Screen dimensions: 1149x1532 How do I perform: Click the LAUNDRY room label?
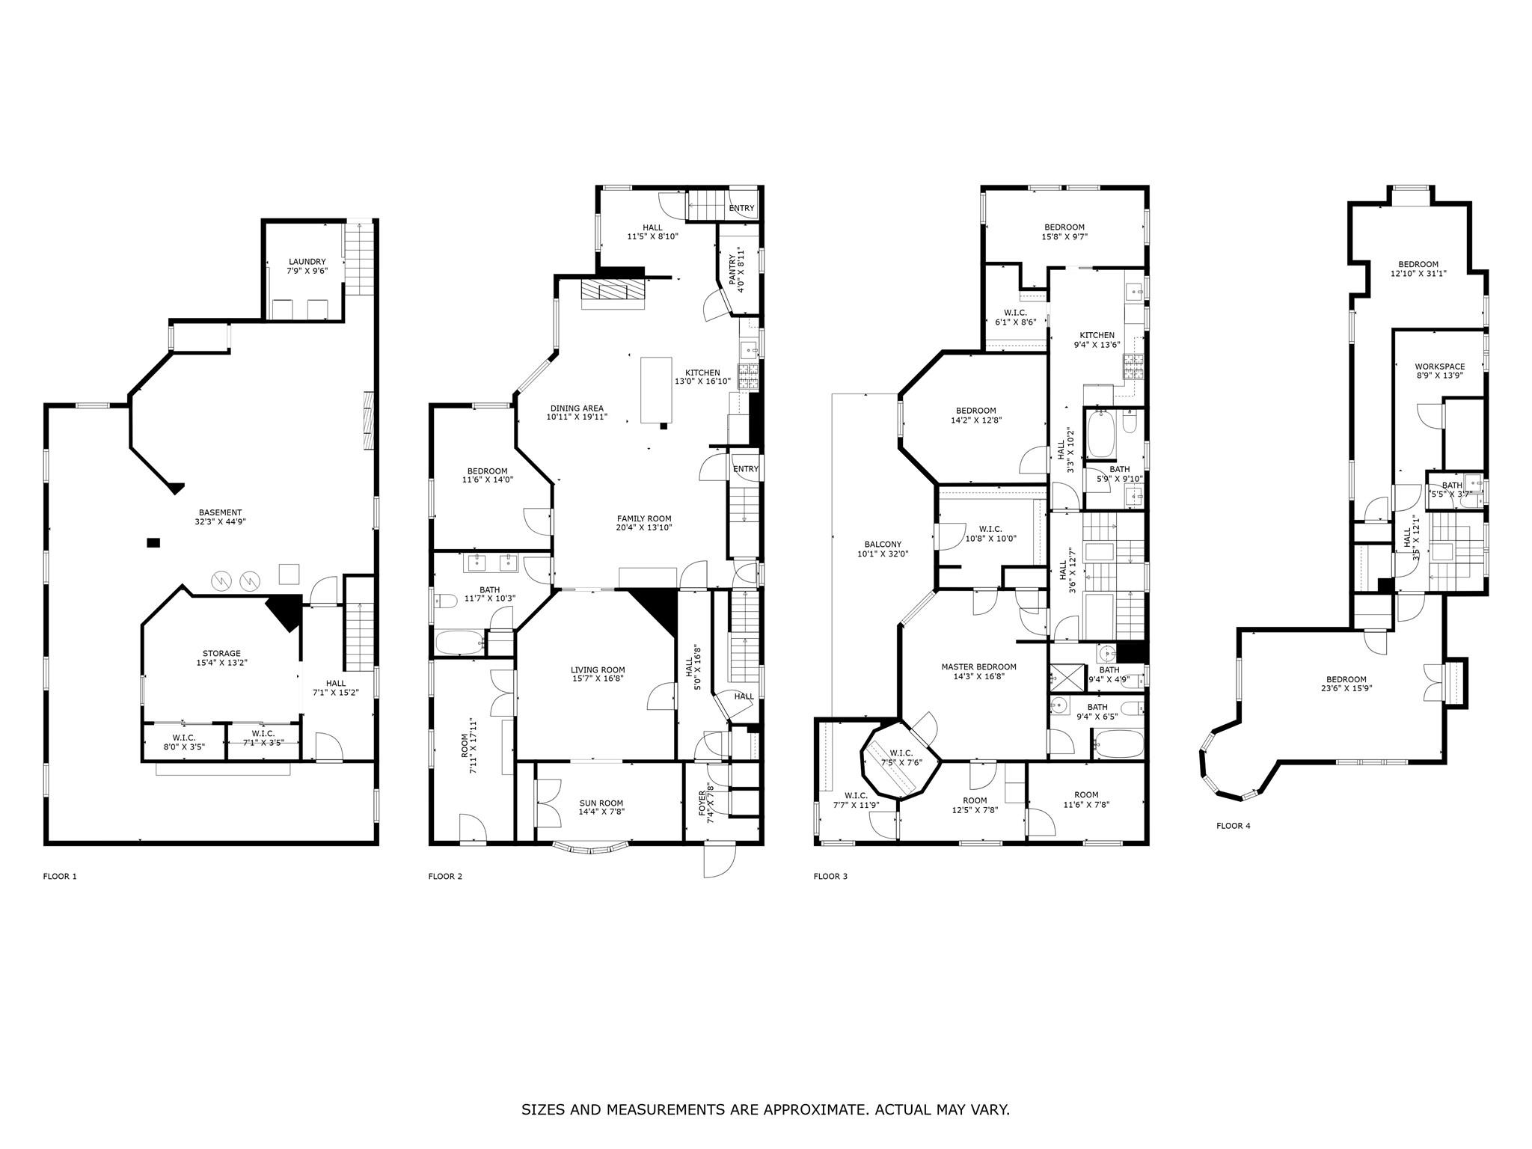pyautogui.click(x=307, y=261)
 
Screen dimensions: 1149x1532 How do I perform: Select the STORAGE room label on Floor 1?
pyautogui.click(x=221, y=653)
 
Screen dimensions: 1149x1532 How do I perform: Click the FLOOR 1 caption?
pyautogui.click(x=60, y=876)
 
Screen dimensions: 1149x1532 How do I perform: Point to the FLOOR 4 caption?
pyautogui.click(x=1233, y=826)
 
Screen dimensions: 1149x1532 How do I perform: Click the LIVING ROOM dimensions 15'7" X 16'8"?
pyautogui.click(x=598, y=678)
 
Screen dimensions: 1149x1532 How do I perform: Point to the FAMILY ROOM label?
pyautogui.click(x=643, y=518)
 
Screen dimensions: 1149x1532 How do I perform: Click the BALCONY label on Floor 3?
pyautogui.click(x=883, y=545)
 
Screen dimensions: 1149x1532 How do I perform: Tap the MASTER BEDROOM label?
pyautogui.click(x=978, y=667)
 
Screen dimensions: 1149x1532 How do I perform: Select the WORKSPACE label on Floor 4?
pyautogui.click(x=1439, y=367)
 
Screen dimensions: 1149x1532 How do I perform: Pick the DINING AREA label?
pyautogui.click(x=577, y=408)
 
